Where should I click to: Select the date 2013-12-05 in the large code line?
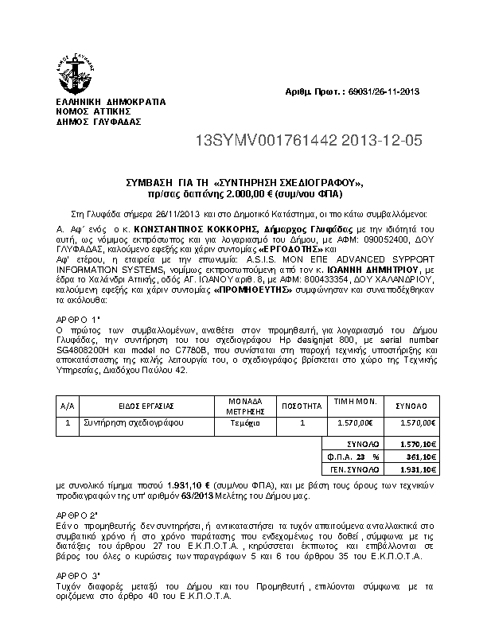383,142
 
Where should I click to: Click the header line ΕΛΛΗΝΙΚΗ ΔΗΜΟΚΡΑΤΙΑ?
99,103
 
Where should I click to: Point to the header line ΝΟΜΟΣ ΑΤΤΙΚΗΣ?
87,113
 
